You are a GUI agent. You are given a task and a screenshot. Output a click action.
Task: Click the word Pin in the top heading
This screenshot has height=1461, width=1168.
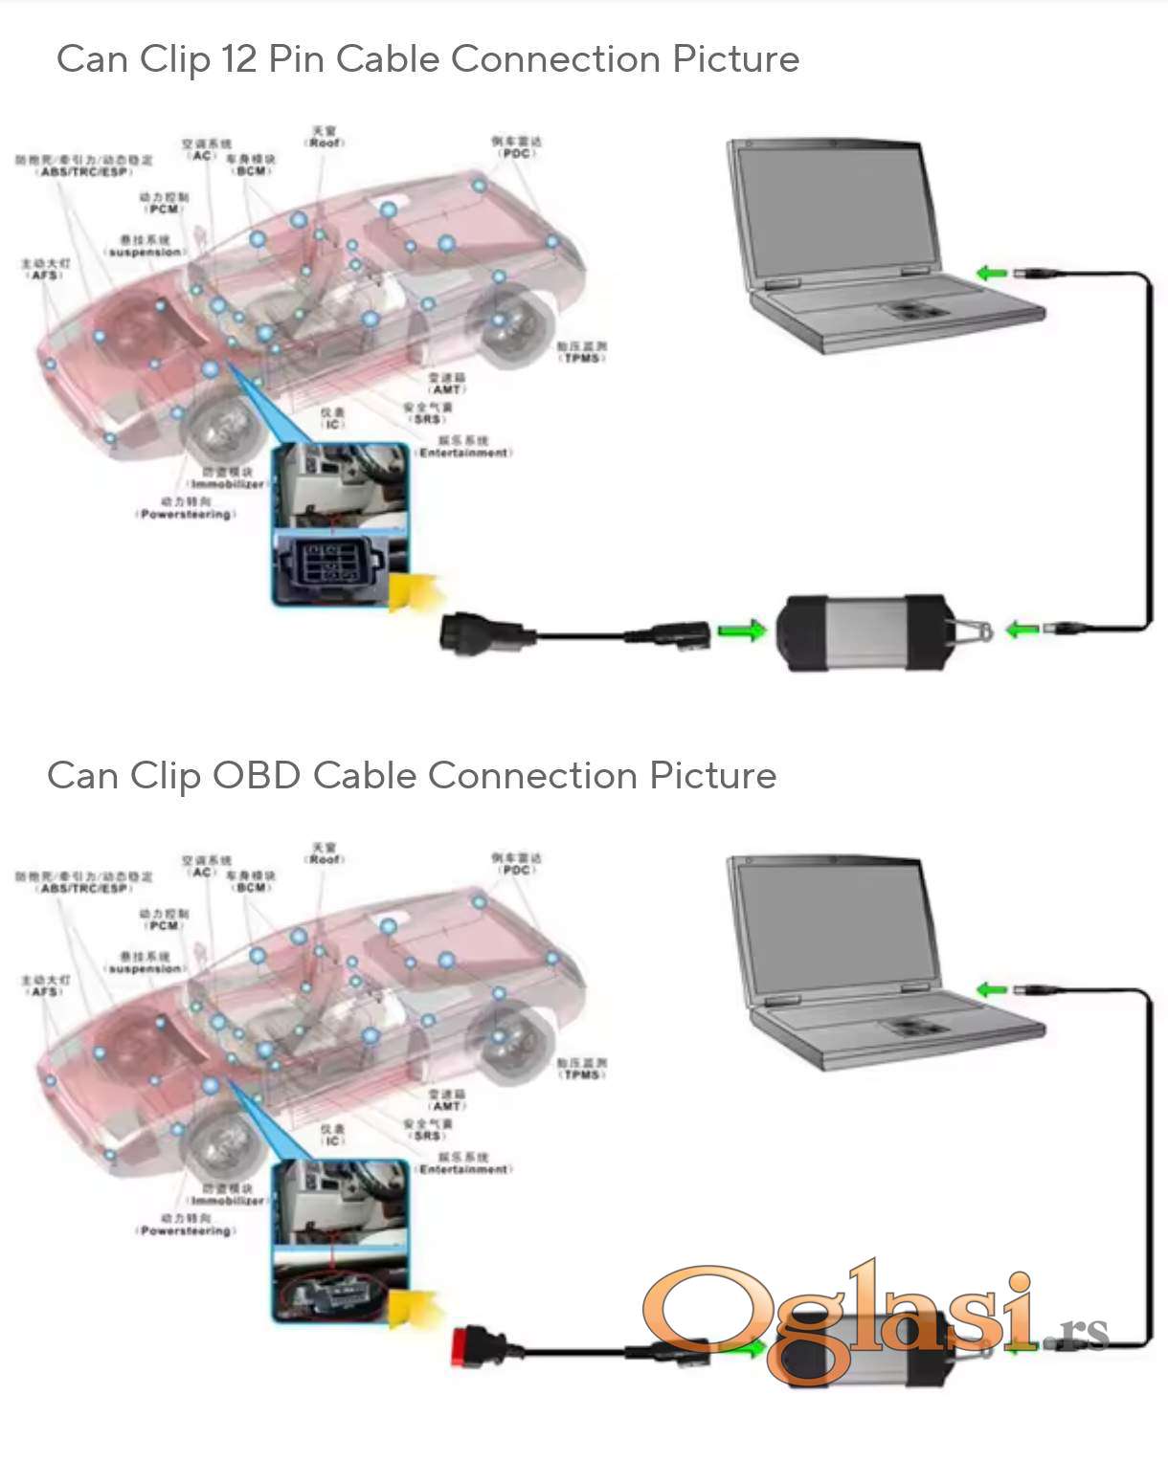[296, 59]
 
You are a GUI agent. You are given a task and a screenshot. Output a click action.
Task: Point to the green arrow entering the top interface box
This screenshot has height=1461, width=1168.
[742, 631]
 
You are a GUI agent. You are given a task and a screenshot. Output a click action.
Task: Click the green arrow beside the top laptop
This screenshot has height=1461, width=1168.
[991, 274]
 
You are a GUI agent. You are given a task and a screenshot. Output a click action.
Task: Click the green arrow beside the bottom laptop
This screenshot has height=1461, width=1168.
[991, 989]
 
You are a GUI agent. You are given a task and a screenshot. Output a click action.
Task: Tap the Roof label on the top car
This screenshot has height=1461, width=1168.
[325, 143]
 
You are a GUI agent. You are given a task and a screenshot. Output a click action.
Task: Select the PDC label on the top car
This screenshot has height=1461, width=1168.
[517, 153]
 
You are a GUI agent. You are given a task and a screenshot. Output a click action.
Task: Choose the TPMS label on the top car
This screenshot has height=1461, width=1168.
[581, 358]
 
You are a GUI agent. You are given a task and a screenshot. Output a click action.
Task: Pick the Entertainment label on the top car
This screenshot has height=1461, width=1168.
[464, 453]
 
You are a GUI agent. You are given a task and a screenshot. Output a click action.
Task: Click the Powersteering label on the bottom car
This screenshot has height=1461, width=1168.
[186, 1230]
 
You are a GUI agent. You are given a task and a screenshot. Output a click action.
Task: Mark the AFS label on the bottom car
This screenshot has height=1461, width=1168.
[45, 991]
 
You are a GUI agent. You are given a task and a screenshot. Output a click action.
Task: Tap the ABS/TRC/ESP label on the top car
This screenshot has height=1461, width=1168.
[84, 171]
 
